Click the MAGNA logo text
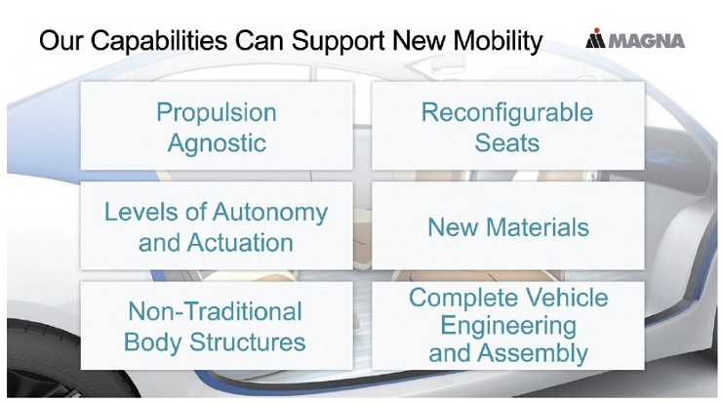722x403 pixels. click(647, 41)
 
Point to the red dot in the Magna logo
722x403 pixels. click(597, 30)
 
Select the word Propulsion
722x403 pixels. click(217, 113)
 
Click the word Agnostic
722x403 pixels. click(217, 143)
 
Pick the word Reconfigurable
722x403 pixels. click(507, 112)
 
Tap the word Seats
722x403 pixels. click(507, 142)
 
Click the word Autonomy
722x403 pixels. click(270, 213)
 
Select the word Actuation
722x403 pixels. click(240, 243)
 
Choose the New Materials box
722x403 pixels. click(508, 225)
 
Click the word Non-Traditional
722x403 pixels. click(215, 312)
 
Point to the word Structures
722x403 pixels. click(247, 343)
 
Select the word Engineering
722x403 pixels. click(508, 326)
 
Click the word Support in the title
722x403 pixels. click(338, 41)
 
